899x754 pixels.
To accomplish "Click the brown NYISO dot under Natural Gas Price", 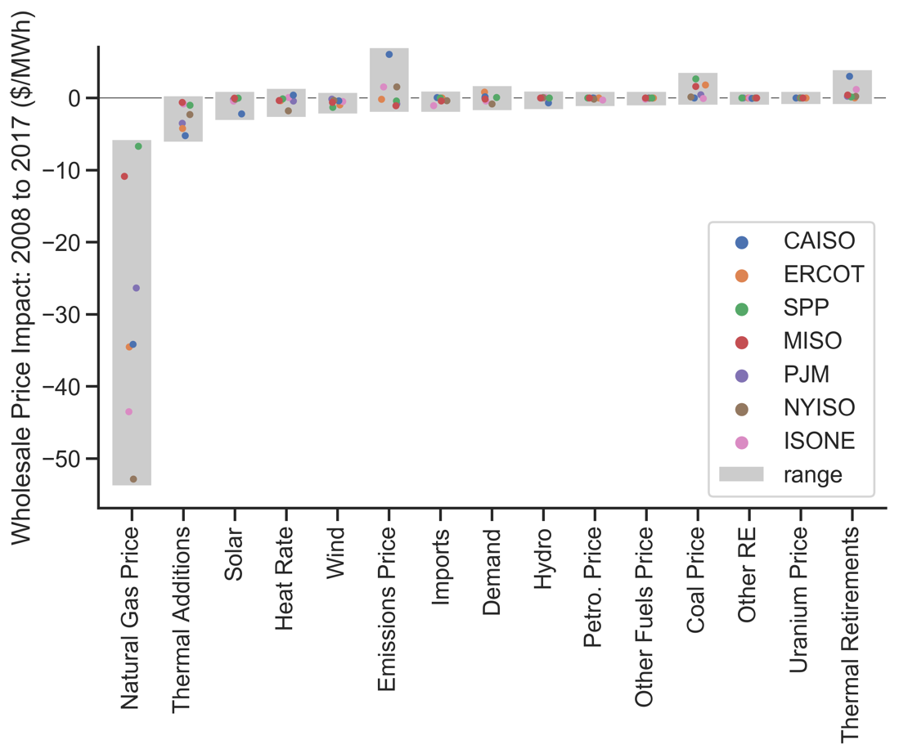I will click(x=133, y=479).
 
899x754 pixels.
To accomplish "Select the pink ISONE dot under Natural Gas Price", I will click(x=128, y=412).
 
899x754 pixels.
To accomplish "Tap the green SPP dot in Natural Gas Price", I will click(x=138, y=146).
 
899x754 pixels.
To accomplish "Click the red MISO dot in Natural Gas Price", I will click(x=124, y=177).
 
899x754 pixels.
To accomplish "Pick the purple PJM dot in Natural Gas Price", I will click(x=137, y=288).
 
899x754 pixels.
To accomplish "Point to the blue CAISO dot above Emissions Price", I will click(x=389, y=55).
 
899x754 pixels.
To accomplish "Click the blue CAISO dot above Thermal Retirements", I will click(x=849, y=77).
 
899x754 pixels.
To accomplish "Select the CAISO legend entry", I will click(x=819, y=241).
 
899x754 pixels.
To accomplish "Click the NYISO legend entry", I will click(x=819, y=408).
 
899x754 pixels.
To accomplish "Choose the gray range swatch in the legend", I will click(x=741, y=474).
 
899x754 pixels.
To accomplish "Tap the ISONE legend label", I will click(x=819, y=442).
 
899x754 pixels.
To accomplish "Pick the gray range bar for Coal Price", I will click(x=698, y=88).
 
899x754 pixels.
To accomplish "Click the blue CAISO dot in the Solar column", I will click(x=241, y=114).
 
